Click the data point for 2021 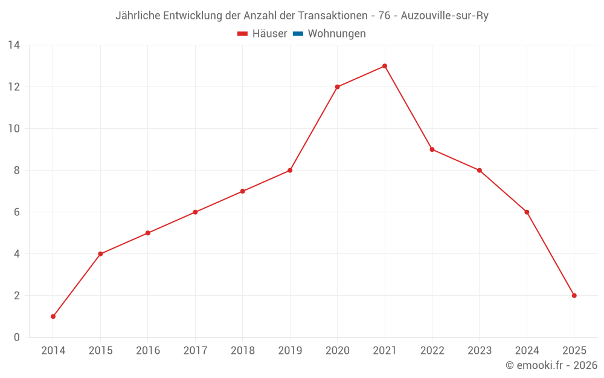[x=385, y=66]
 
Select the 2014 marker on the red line [x=53, y=316]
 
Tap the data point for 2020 [x=337, y=87]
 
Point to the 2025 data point [x=574, y=296]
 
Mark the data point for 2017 [x=195, y=212]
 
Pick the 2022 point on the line [x=432, y=149]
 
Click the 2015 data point [x=100, y=254]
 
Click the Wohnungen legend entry [x=336, y=34]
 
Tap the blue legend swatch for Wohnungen [x=298, y=34]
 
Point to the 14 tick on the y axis [x=14, y=45]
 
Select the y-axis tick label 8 [x=17, y=171]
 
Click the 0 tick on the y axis [x=17, y=337]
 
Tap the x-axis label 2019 [x=290, y=351]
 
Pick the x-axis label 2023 [x=480, y=351]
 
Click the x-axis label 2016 [x=148, y=351]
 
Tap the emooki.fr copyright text [x=551, y=365]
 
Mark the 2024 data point [x=527, y=212]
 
